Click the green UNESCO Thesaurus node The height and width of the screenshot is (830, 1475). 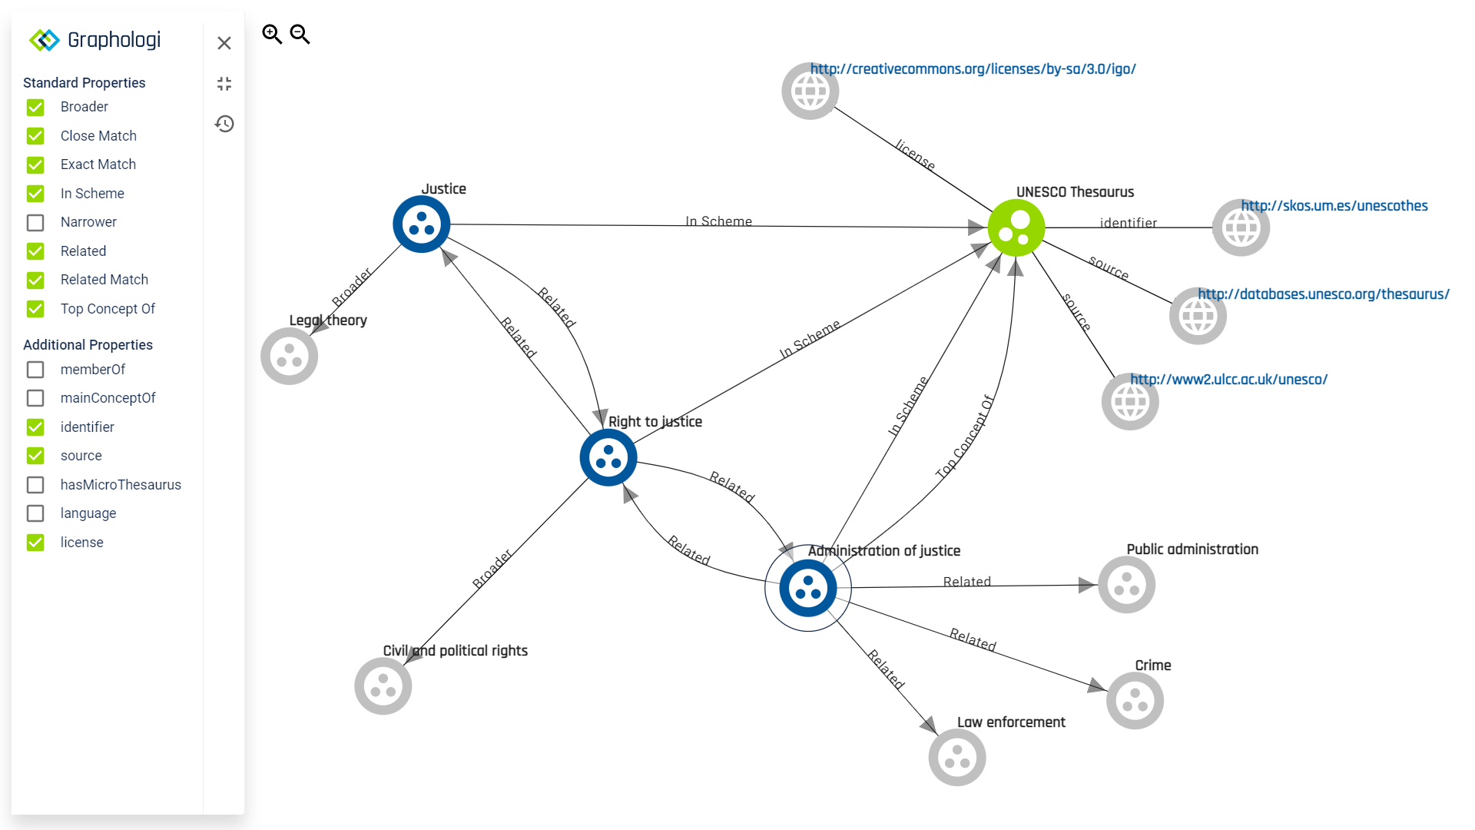click(x=1016, y=227)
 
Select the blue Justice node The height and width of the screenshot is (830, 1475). click(x=421, y=224)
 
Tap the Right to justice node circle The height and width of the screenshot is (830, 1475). click(x=608, y=458)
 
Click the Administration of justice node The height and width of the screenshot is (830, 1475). click(x=807, y=589)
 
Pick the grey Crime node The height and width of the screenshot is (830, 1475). click(x=1135, y=701)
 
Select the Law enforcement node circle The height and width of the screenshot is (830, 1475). click(x=956, y=758)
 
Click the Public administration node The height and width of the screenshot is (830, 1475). click(x=1126, y=585)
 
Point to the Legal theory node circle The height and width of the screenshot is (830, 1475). click(x=289, y=357)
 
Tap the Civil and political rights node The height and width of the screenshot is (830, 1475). click(x=383, y=686)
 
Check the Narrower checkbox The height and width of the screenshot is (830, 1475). click(x=35, y=223)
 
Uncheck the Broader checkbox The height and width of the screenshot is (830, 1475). click(x=35, y=108)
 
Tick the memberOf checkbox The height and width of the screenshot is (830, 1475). click(x=35, y=370)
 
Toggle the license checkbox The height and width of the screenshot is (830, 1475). click(x=35, y=543)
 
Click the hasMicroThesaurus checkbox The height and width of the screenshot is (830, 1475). click(x=35, y=485)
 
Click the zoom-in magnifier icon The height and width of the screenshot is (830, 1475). click(x=272, y=35)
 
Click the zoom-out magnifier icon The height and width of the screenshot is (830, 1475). click(x=300, y=35)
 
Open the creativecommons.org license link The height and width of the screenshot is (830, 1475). click(x=973, y=69)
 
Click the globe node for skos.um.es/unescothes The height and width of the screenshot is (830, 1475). click(x=1241, y=228)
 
